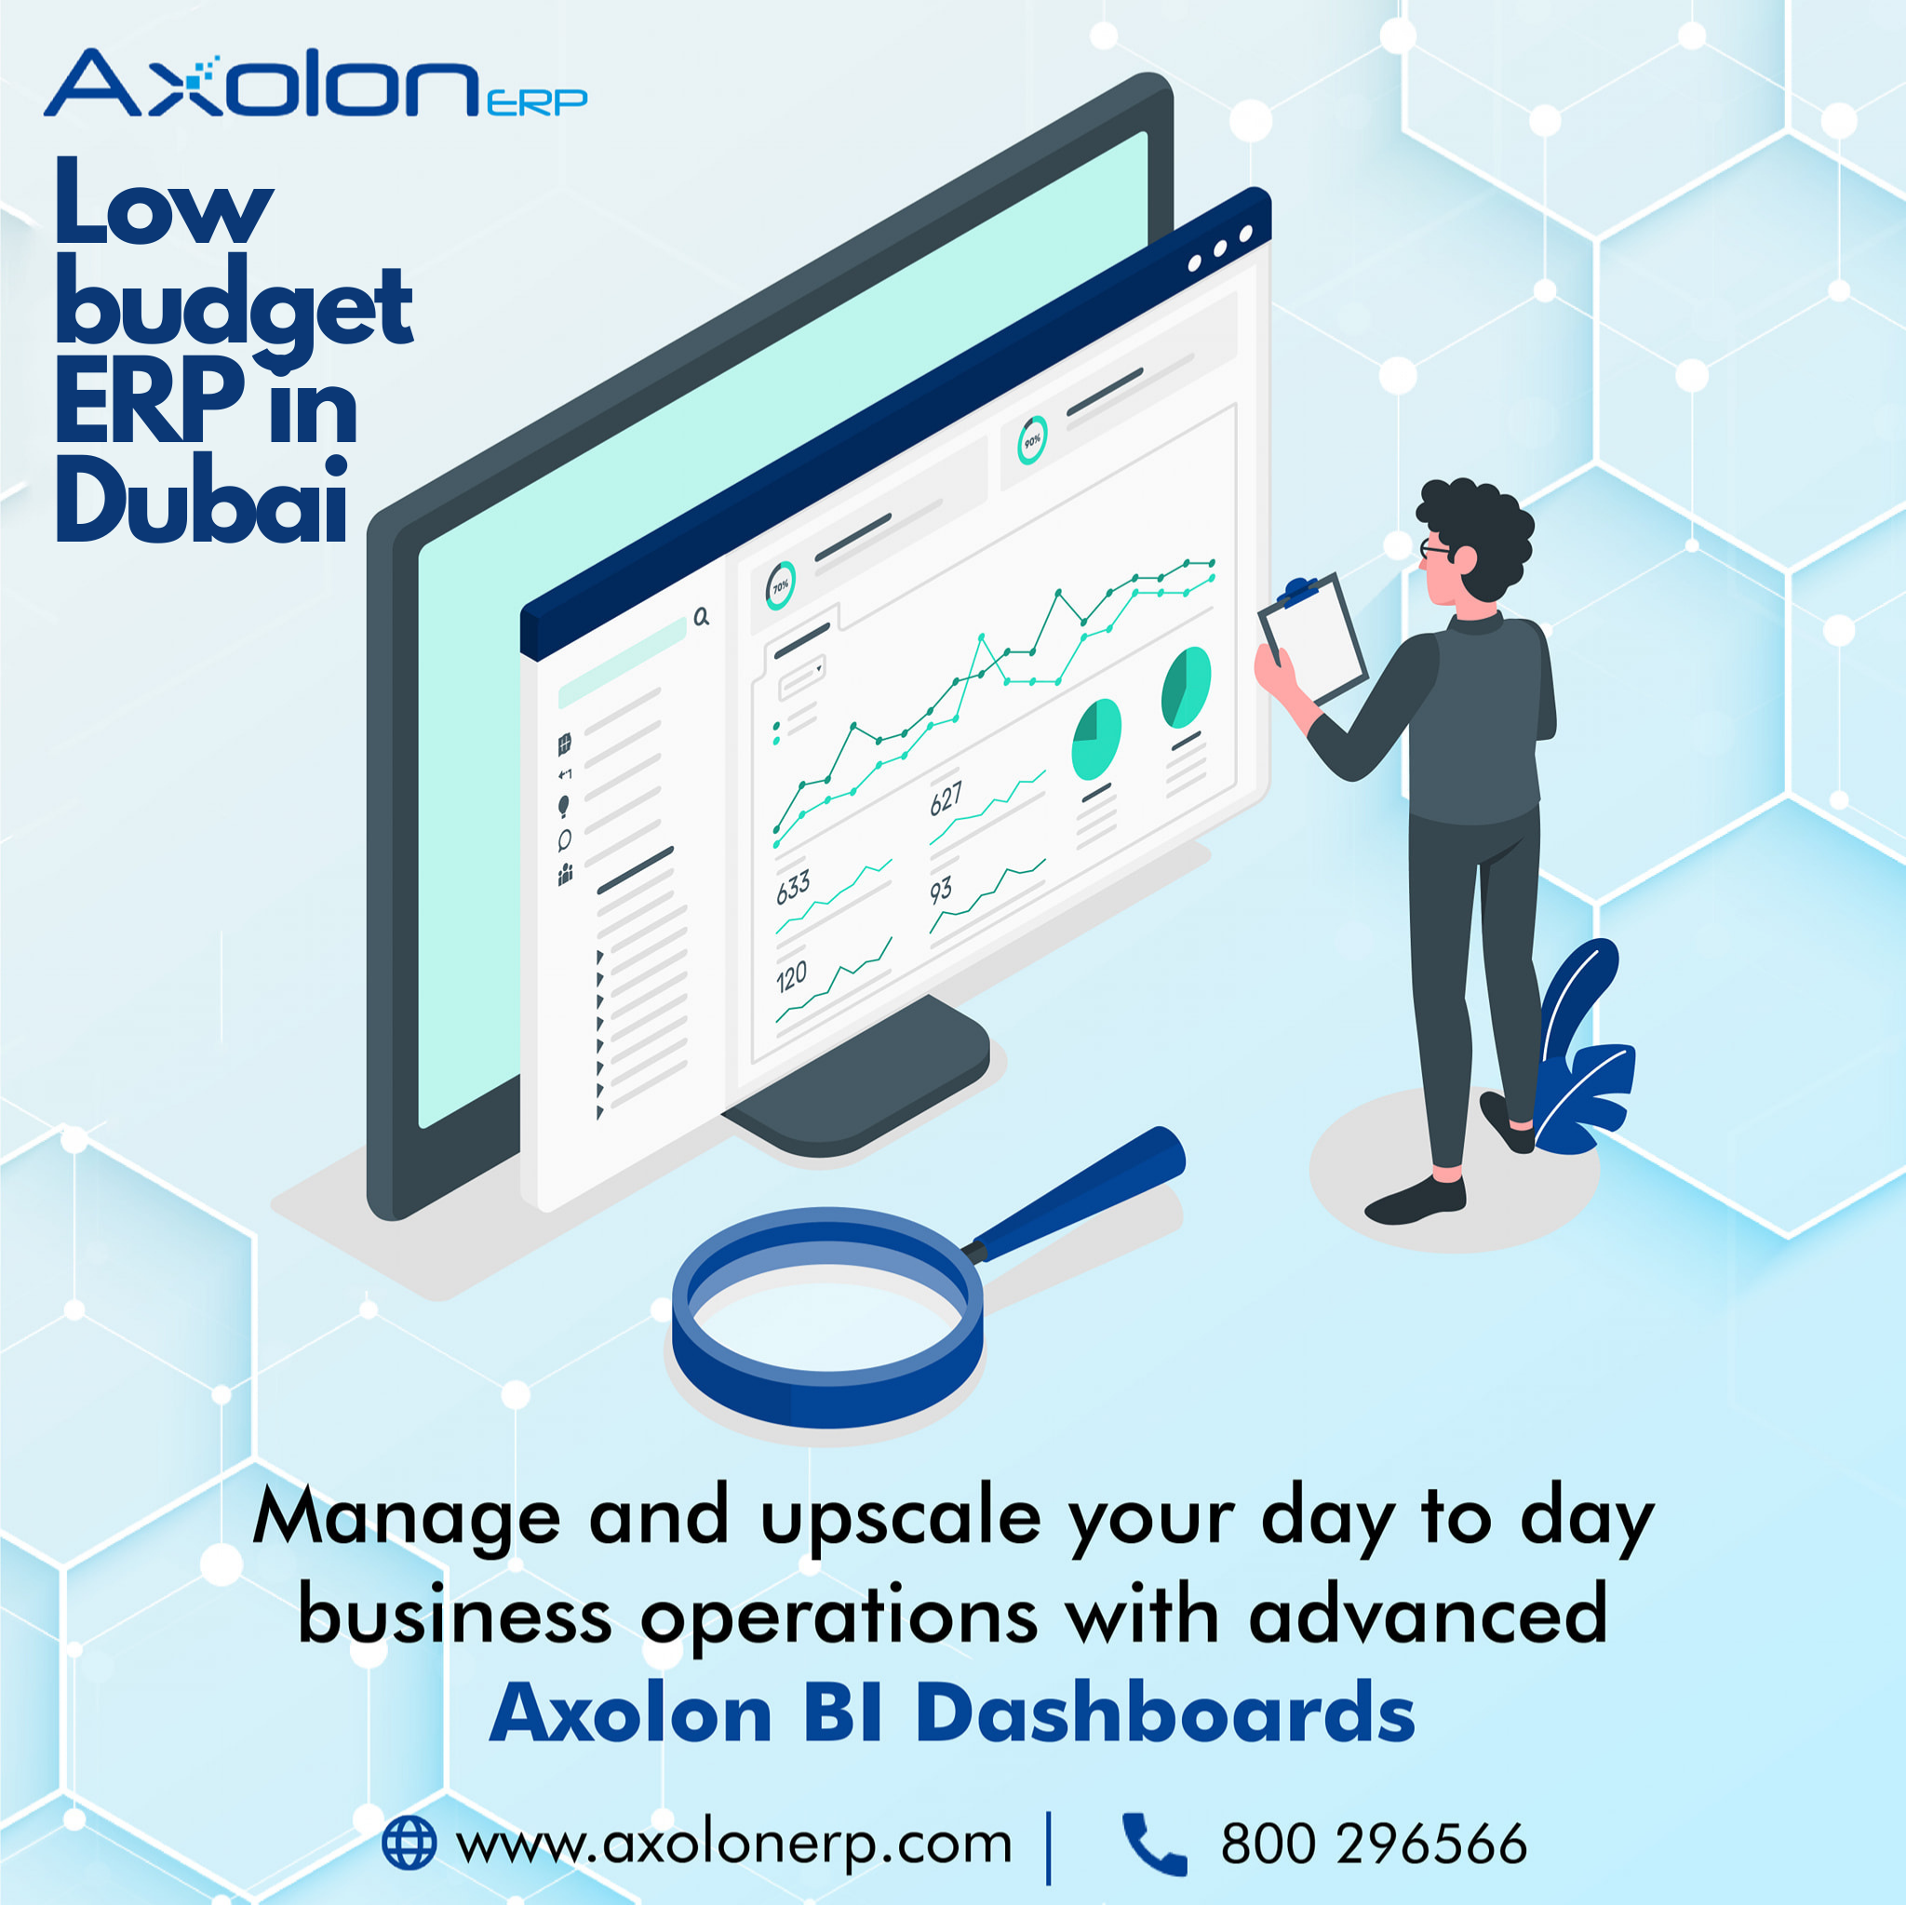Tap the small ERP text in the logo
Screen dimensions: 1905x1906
point(537,101)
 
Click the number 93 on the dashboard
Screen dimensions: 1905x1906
point(940,891)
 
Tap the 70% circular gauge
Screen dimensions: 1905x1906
point(780,586)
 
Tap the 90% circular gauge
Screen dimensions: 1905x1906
point(1032,440)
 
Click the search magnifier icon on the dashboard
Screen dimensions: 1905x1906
point(702,618)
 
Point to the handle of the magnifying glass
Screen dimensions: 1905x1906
point(1085,1194)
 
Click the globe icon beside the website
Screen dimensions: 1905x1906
point(409,1842)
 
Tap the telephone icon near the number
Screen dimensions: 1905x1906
point(1153,1842)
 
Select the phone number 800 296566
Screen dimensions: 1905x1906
point(1374,1843)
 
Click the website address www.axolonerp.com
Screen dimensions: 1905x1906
point(734,1843)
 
